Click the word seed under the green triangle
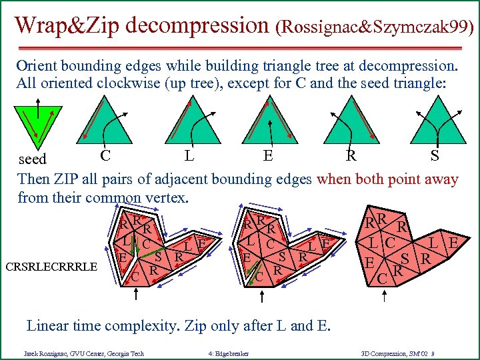coord(32,160)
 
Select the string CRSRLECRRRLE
coord(52,267)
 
